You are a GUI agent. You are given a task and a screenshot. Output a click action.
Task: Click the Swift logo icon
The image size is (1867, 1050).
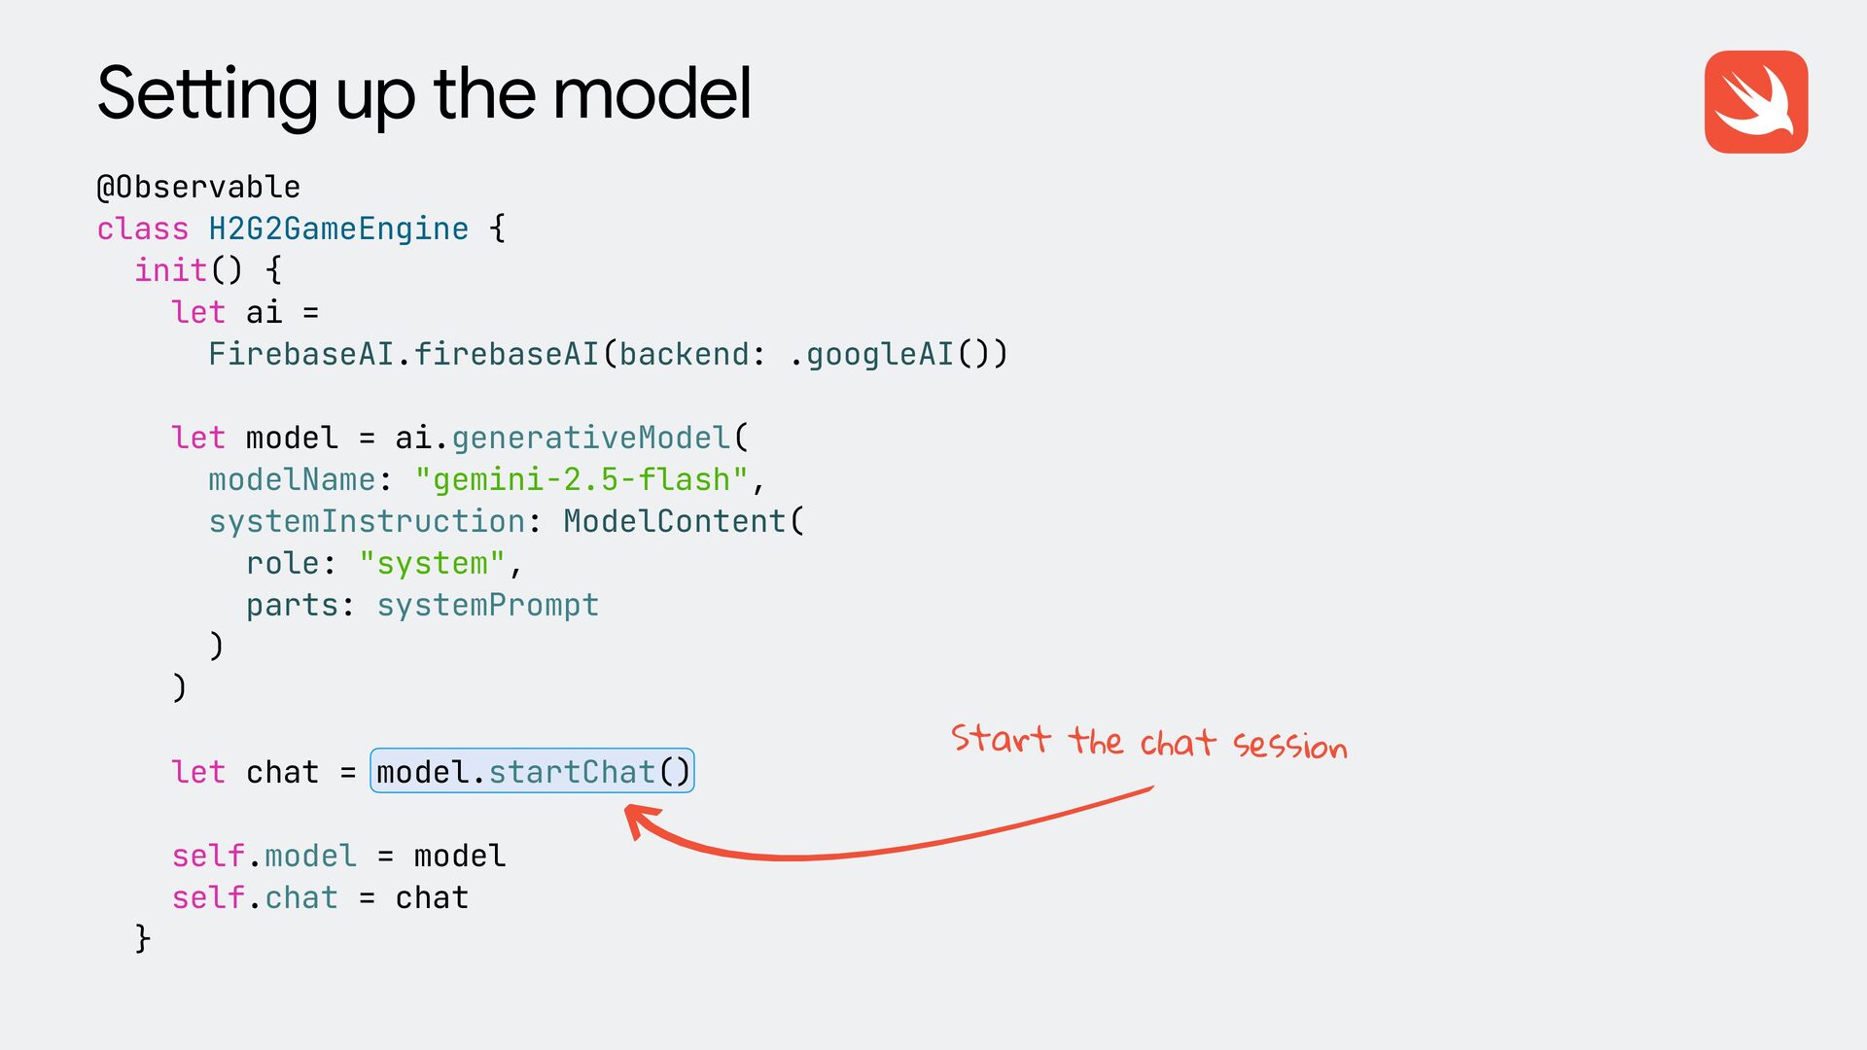click(x=1755, y=102)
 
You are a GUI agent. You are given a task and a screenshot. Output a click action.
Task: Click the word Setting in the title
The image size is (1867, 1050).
click(x=207, y=94)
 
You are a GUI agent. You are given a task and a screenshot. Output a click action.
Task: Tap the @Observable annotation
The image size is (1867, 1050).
click(x=198, y=187)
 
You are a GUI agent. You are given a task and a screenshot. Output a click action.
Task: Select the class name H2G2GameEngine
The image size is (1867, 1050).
click(x=338, y=228)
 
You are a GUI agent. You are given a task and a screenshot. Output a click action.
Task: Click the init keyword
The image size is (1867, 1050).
click(x=170, y=270)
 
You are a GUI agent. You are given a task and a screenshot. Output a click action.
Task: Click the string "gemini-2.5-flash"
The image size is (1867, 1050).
click(x=581, y=479)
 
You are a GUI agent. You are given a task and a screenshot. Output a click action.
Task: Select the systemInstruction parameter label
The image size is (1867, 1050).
click(x=367, y=521)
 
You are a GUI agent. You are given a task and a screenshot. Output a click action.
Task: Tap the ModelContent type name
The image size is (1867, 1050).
click(x=674, y=521)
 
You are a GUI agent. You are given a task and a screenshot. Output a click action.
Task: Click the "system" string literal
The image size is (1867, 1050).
click(x=432, y=563)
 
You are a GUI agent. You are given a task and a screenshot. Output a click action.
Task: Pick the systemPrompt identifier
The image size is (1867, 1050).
click(x=488, y=605)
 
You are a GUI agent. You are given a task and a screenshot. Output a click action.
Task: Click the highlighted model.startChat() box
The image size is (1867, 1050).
click(x=532, y=771)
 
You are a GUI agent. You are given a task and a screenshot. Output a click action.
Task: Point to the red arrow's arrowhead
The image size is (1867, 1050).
click(x=636, y=819)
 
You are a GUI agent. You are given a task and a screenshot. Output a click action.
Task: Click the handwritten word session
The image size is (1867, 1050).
click(x=1289, y=745)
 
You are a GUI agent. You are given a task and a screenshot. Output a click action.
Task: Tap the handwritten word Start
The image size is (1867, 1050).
click(x=1001, y=739)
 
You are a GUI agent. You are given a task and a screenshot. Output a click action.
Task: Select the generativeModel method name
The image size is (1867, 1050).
click(x=590, y=437)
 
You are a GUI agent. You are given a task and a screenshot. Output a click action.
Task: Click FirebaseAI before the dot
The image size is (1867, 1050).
click(x=300, y=354)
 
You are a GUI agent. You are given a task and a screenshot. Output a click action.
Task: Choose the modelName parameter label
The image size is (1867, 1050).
click(x=292, y=479)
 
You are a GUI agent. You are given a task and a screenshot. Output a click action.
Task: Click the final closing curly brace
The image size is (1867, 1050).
click(x=143, y=938)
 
